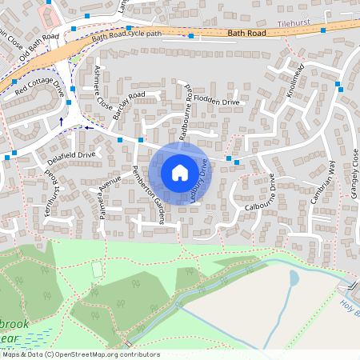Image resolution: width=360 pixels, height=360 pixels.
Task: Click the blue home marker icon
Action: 180,172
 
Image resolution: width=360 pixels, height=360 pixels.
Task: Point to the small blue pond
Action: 293,278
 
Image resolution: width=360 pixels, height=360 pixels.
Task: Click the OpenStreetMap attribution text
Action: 80,354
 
